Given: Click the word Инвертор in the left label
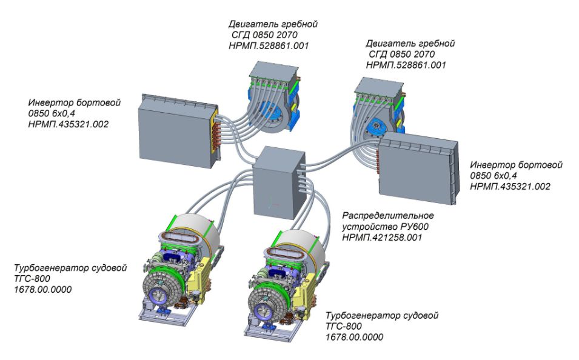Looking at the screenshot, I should (x=48, y=103).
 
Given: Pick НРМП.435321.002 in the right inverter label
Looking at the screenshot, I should (x=510, y=187).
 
